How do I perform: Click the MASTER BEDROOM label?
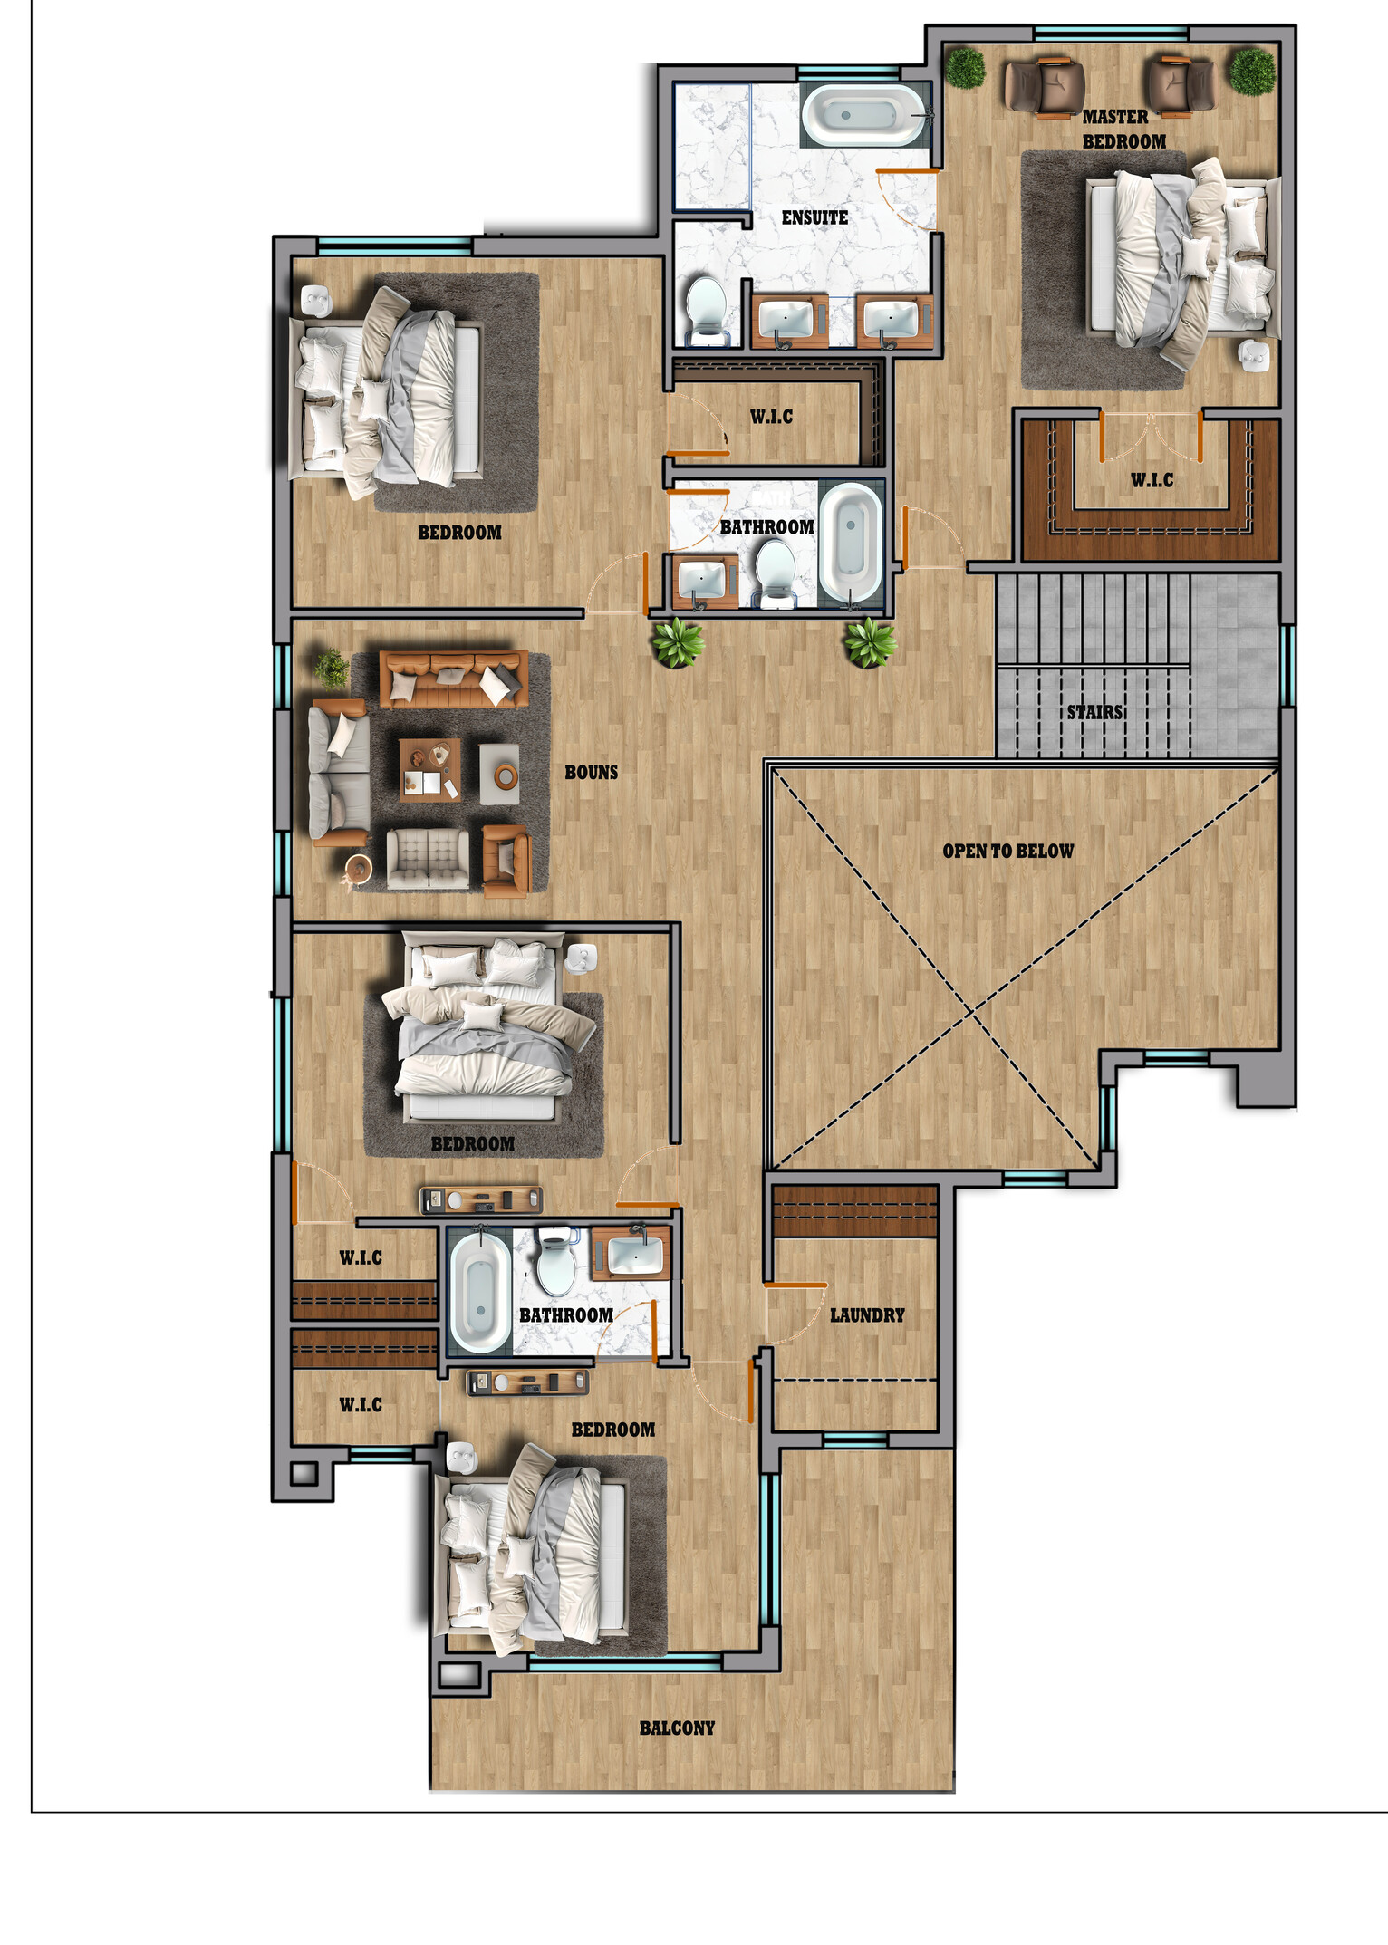point(1123,130)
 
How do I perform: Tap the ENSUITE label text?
point(814,217)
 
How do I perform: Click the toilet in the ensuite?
point(706,308)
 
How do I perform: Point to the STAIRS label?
point(1094,712)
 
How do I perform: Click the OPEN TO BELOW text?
point(1007,851)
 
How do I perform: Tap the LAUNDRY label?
point(866,1314)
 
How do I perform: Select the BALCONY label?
point(677,1728)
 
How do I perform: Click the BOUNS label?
point(591,772)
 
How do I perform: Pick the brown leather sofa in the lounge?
point(453,678)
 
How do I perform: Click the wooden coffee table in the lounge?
point(430,770)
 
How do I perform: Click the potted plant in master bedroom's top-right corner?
point(1252,72)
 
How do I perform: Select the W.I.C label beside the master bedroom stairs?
point(1152,480)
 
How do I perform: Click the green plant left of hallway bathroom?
point(676,641)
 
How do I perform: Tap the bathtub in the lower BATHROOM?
point(480,1291)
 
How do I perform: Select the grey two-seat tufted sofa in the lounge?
point(428,859)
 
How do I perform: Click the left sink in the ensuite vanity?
point(785,320)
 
